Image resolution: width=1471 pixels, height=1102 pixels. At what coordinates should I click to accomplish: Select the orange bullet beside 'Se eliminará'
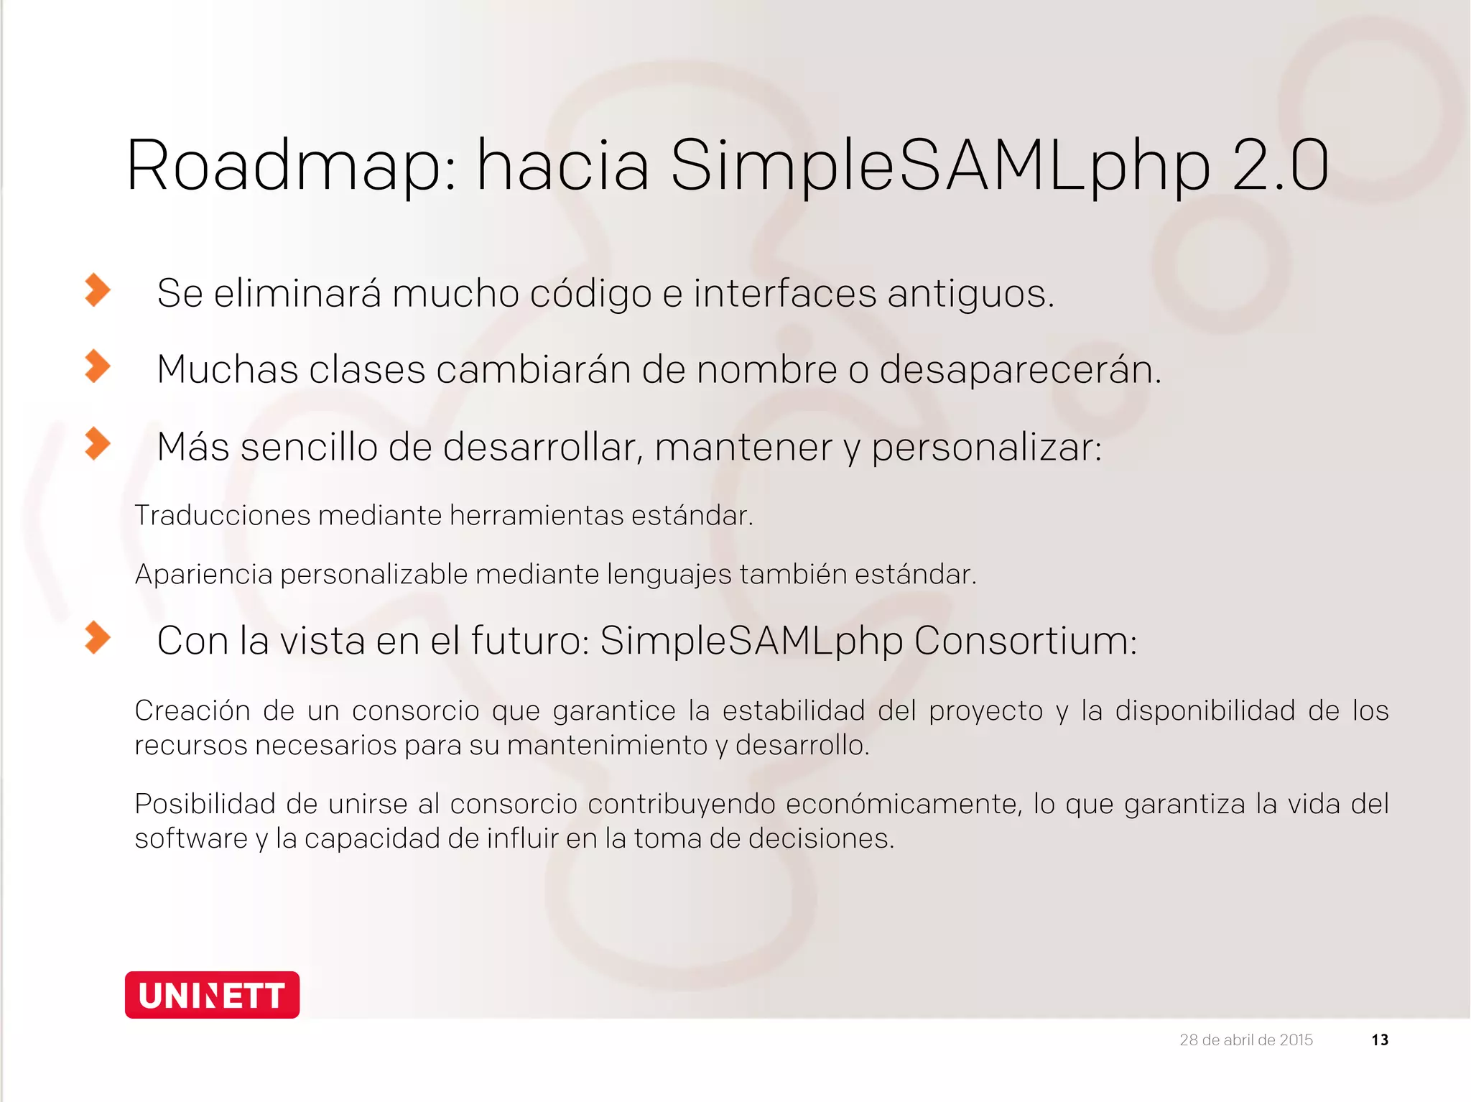point(98,290)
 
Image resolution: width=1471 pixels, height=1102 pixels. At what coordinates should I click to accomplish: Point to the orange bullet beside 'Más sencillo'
point(98,443)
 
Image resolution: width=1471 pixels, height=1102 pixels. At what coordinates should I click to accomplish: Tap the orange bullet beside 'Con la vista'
point(98,637)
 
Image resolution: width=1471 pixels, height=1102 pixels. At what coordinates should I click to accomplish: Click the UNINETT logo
point(212,995)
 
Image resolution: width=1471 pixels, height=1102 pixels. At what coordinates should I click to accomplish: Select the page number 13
point(1380,1040)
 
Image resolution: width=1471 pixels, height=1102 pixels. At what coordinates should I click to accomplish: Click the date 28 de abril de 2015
point(1246,1040)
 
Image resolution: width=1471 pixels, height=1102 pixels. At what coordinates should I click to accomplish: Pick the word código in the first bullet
point(590,293)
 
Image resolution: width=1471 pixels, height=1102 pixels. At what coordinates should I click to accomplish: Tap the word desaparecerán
point(1020,369)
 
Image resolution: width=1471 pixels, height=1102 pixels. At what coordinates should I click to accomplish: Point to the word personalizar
point(986,447)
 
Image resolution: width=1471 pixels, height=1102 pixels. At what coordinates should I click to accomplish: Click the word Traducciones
point(223,515)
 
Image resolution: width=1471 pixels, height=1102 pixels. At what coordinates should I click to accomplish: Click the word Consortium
point(1025,640)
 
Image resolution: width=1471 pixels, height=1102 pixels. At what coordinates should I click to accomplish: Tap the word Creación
point(192,710)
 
